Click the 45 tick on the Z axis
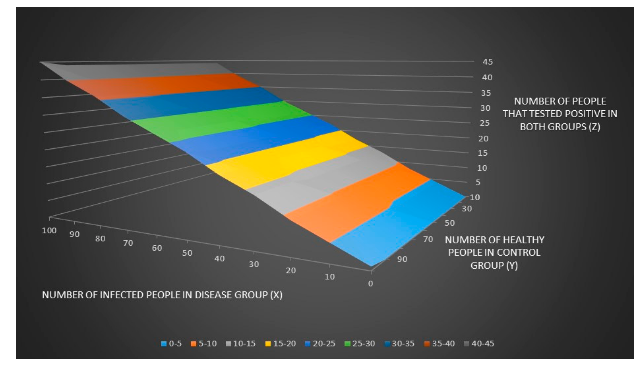[487, 62]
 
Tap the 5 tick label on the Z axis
[478, 182]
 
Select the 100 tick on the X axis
[49, 230]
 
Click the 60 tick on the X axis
[157, 248]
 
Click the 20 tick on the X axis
[291, 270]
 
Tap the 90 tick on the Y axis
[402, 259]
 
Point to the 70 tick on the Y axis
[428, 239]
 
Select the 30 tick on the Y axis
[467, 209]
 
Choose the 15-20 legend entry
[281, 344]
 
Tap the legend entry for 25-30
[360, 344]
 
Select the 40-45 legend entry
[479, 344]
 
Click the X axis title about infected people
[162, 295]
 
